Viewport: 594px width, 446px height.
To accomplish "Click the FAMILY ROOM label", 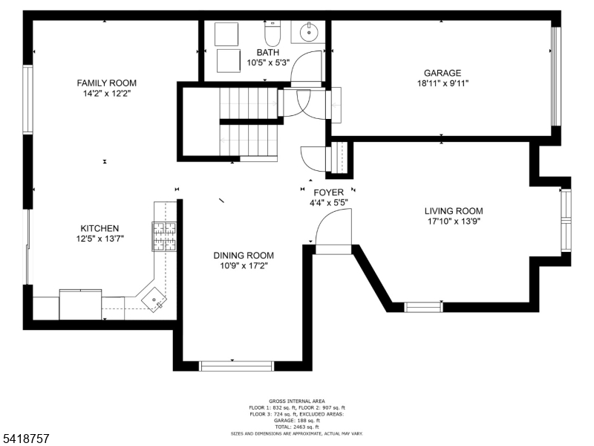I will point(107,83).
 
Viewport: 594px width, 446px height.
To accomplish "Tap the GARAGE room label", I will point(443,73).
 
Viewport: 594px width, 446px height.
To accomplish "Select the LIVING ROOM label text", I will point(454,210).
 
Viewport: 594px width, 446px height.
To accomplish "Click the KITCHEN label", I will point(99,228).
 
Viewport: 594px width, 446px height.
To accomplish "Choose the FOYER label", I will point(328,193).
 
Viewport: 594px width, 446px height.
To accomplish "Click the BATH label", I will point(267,53).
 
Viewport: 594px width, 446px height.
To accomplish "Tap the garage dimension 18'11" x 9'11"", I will point(443,83).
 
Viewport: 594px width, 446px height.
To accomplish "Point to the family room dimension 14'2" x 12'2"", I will point(107,94).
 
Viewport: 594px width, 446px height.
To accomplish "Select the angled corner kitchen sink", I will point(156,299).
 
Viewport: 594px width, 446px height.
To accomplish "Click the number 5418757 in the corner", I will point(26,439).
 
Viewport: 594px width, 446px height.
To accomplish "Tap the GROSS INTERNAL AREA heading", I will point(297,401).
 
